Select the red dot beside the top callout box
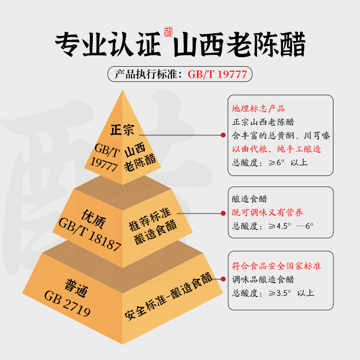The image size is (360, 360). click(x=222, y=135)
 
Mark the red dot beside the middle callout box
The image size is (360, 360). click(x=222, y=213)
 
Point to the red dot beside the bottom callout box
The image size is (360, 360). click(x=222, y=279)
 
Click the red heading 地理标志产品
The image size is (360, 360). click(x=258, y=108)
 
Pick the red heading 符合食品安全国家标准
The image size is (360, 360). click(x=276, y=266)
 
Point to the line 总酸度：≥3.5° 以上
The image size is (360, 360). click(x=273, y=293)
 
